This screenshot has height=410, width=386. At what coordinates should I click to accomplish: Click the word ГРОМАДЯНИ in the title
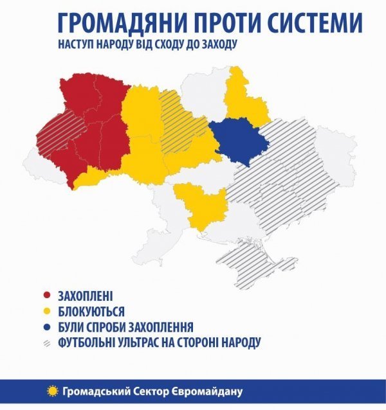tap(116, 24)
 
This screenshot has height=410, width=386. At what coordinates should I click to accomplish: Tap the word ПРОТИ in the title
tap(223, 24)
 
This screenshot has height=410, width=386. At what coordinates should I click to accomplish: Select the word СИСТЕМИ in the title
tap(316, 24)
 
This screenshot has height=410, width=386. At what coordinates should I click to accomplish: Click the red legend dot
tap(46, 296)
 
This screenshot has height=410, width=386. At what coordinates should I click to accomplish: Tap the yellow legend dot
tap(46, 312)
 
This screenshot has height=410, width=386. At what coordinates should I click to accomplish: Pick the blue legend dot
tap(46, 327)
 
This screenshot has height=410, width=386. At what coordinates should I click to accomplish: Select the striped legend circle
tap(46, 343)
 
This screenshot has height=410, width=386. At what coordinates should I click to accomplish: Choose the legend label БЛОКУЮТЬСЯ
tap(91, 312)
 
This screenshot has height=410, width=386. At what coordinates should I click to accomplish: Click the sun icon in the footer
tap(52, 391)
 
